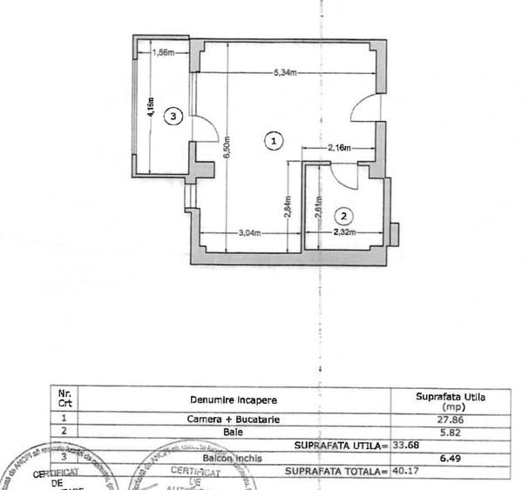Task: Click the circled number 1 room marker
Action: point(275,139)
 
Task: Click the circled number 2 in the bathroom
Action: point(344,215)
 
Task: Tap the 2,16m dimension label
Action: point(339,149)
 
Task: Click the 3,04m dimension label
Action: point(250,233)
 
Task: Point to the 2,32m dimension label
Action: point(345,232)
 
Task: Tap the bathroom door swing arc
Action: point(345,177)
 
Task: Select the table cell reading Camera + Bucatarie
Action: point(234,419)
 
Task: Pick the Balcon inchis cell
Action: point(233,458)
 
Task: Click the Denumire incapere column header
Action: point(234,399)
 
